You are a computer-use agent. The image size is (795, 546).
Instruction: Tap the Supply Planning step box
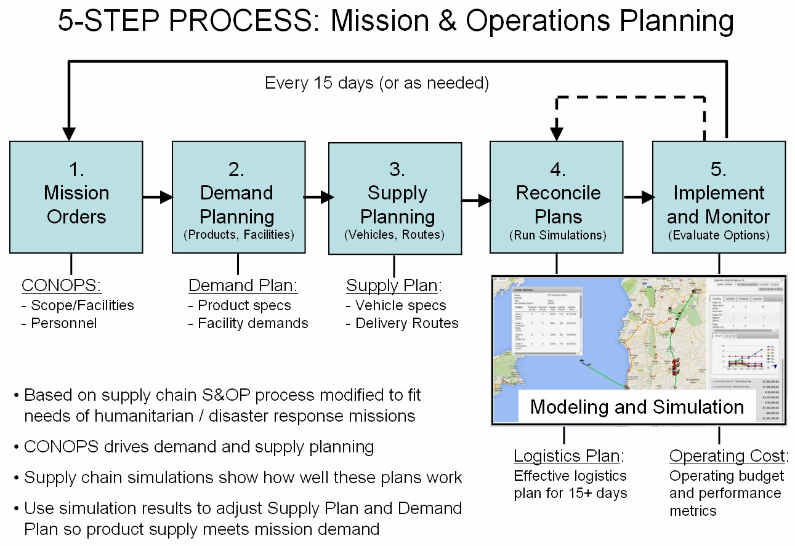point(395,198)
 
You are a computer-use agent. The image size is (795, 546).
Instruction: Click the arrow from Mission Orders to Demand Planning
point(158,197)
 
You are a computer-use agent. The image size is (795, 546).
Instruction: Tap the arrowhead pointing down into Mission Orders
point(69,133)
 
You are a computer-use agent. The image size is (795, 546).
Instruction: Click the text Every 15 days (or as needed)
point(377,83)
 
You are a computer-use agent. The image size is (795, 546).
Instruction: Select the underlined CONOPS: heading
point(61,286)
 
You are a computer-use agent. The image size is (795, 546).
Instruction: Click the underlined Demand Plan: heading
point(243,286)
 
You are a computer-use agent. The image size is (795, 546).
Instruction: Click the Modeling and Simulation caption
point(637,407)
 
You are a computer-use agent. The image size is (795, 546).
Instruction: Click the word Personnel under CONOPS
point(64,323)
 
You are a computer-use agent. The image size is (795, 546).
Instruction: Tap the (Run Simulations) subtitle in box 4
point(557,235)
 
